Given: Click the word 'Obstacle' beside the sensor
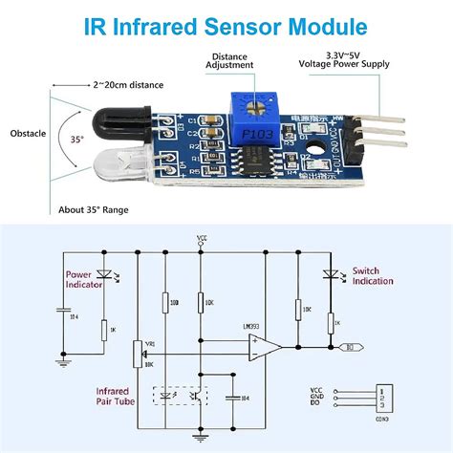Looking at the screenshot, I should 31,133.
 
